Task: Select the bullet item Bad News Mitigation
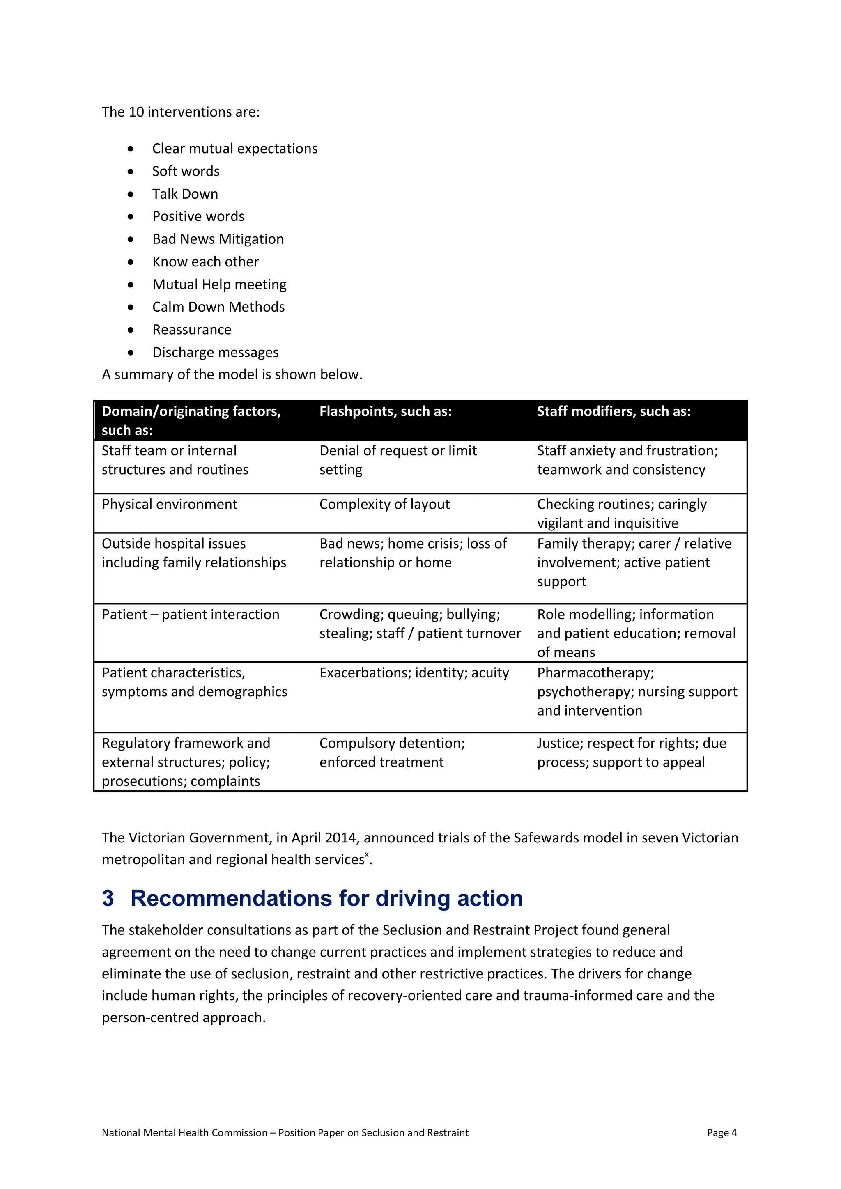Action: [x=218, y=239]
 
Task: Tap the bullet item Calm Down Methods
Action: [x=218, y=307]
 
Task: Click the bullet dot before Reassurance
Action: [x=131, y=330]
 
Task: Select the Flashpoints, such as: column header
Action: [x=385, y=412]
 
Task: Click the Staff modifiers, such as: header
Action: [x=613, y=412]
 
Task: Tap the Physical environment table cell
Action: [x=169, y=505]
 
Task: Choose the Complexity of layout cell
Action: [x=384, y=505]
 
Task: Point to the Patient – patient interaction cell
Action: [x=190, y=615]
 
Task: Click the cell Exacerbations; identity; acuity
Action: [x=414, y=673]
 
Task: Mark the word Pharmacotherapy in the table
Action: [x=595, y=673]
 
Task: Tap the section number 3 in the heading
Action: [x=108, y=898]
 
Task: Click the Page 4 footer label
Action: [x=722, y=1133]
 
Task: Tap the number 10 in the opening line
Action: [x=136, y=112]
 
